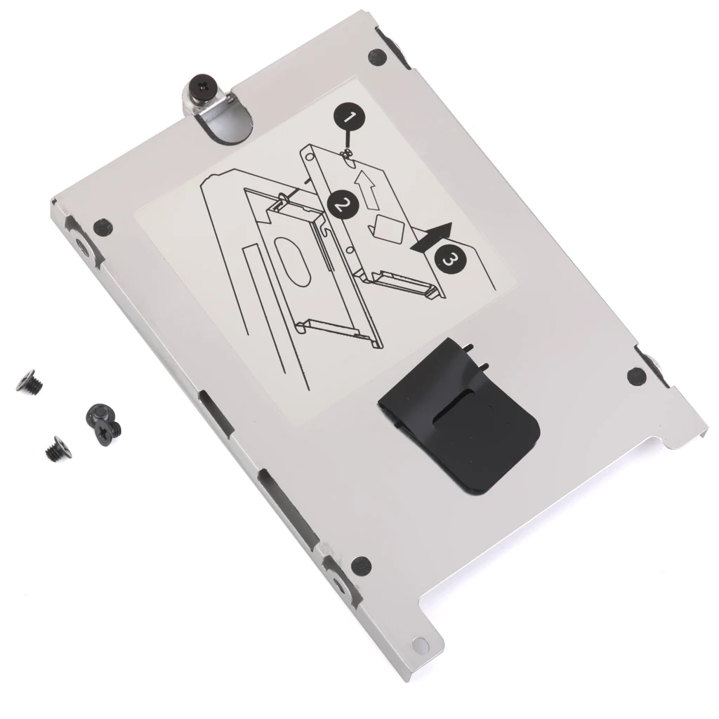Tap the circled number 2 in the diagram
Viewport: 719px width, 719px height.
[x=343, y=205]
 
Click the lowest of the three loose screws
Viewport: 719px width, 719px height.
[x=54, y=448]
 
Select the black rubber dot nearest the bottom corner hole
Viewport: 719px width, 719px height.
[x=361, y=563]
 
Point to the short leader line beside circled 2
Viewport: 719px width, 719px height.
[x=307, y=180]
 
